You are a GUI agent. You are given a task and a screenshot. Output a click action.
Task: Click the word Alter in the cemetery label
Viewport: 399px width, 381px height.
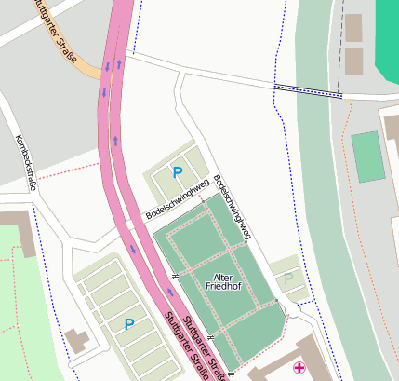[x=223, y=278]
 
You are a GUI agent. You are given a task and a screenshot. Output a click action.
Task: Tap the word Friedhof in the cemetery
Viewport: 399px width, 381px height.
[x=223, y=287]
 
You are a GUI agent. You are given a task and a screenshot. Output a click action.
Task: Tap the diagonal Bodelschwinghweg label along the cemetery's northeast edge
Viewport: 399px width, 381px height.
[x=232, y=208]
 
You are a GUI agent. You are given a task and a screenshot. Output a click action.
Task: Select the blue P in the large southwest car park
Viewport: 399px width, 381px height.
[x=129, y=324]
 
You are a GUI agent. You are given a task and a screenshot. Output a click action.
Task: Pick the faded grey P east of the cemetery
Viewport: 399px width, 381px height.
[x=287, y=278]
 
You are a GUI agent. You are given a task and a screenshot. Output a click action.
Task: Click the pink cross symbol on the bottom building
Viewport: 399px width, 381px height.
[x=299, y=368]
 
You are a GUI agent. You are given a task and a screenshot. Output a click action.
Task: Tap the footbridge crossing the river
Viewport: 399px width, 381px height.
[x=308, y=90]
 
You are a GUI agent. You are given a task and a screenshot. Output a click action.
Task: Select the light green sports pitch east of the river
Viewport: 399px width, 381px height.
[x=367, y=156]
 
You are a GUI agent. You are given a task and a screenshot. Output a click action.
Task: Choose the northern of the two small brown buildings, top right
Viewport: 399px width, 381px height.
[x=353, y=28]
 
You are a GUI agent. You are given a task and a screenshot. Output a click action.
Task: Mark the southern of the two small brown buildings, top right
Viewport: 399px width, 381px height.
[x=353, y=61]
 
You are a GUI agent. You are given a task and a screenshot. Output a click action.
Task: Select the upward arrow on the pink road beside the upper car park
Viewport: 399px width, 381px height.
[x=115, y=141]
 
